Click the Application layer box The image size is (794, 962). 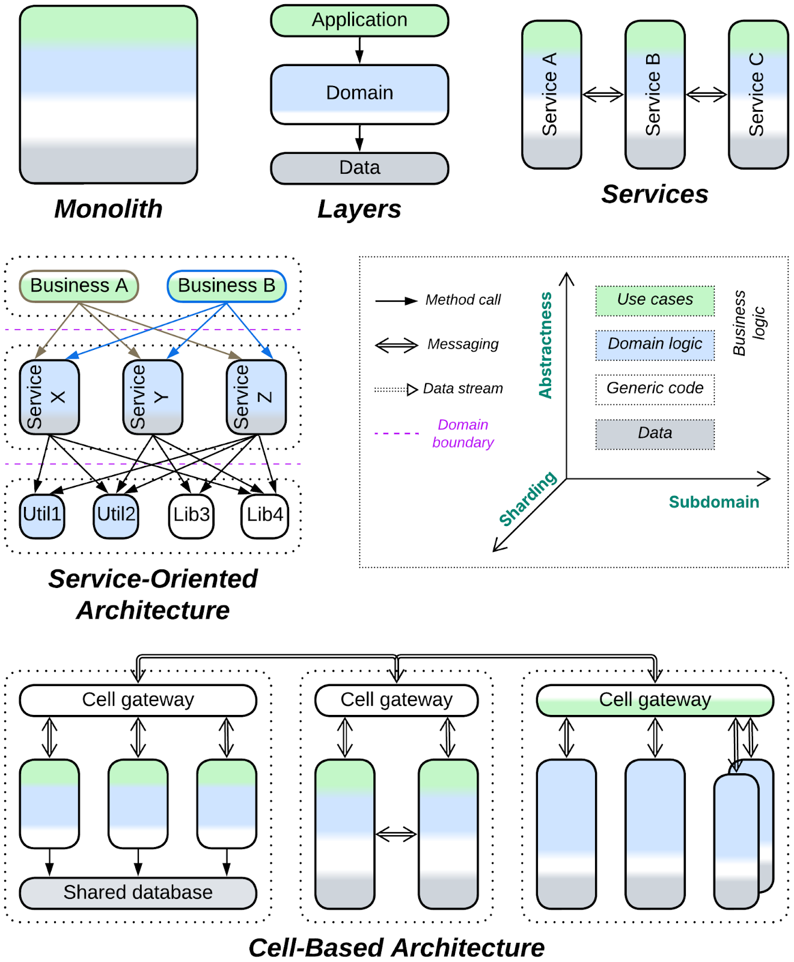pos(359,20)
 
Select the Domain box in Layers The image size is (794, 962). pos(359,94)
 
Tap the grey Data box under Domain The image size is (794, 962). pos(359,168)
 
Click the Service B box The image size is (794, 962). pos(655,95)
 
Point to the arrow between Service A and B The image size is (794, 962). pos(603,94)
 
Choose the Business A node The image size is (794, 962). pos(79,286)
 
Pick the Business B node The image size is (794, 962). pos(227,286)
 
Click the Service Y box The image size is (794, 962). pos(153,397)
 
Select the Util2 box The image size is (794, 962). pos(116,515)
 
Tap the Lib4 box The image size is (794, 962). pos(264,515)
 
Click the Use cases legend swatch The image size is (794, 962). pos(655,301)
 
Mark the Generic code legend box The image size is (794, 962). pos(655,389)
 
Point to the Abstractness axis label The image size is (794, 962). pos(545,345)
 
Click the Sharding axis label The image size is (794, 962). pos(528,499)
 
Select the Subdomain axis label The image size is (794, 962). pos(713,502)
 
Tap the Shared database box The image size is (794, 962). pos(138,892)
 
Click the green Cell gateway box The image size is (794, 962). pos(655,700)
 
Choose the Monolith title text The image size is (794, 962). pos(108,209)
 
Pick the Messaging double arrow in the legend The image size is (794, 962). pos(396,345)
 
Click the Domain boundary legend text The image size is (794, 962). pos(463,434)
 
